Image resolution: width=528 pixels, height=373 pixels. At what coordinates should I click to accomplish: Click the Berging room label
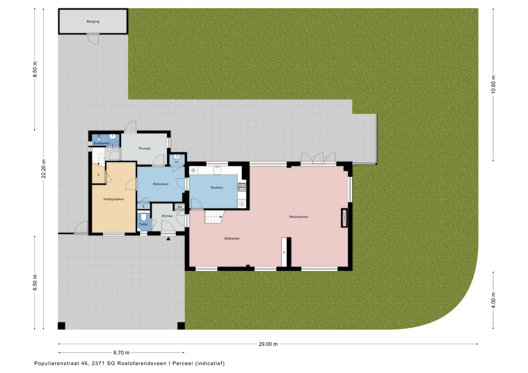pos(93,21)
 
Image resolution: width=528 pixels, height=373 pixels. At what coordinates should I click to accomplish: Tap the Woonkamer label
pos(299,217)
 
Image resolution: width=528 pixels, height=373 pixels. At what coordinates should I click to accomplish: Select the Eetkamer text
pos(232,238)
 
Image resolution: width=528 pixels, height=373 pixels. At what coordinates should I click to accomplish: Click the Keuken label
pos(217,188)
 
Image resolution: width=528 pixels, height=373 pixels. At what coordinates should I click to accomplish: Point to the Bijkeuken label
pos(161,184)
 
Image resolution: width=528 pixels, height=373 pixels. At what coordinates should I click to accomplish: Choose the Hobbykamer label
pos(114,199)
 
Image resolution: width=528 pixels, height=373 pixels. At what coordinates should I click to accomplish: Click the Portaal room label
pos(145,149)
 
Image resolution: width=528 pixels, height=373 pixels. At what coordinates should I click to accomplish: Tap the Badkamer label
pos(102,143)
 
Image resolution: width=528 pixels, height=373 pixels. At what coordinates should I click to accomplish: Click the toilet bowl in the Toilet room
pos(143,217)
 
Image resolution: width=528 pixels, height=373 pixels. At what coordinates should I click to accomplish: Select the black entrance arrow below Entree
pos(168,239)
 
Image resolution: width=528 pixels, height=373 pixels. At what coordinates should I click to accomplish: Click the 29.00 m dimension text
pos(268,344)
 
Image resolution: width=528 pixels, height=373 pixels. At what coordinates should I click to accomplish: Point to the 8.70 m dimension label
pos(121,353)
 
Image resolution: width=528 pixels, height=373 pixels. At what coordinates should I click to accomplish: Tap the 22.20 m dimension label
pos(43,169)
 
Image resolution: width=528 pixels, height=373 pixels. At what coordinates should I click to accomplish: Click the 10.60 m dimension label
pos(493,84)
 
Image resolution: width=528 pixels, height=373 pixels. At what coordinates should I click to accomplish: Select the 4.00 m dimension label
pos(493,300)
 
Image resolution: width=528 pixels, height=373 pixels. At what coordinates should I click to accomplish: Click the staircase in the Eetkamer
pos(214,217)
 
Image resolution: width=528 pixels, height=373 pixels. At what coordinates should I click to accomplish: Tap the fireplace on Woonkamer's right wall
pos(344,218)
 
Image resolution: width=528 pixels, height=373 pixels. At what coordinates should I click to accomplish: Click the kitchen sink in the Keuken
pos(217,170)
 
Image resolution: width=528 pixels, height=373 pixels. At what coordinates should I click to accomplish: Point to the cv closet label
pos(177,162)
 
